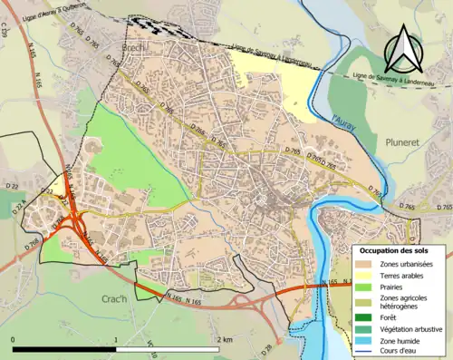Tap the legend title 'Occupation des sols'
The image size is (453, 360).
point(394,250)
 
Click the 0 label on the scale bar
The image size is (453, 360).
point(14,339)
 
